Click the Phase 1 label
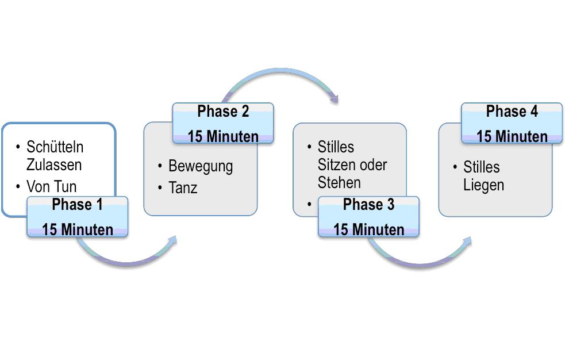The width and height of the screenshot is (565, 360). pos(77,205)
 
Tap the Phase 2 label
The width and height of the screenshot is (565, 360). pos(223,112)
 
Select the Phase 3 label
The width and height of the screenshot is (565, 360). pos(368,205)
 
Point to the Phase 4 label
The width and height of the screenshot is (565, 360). pos(512,112)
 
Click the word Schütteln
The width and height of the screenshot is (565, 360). pos(55,147)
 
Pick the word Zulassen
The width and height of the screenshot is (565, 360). pos(54,164)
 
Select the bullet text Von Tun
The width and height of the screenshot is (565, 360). pos(51,186)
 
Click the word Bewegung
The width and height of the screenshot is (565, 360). pos(200,167)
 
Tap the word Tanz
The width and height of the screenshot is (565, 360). pos(183,187)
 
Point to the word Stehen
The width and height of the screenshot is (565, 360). pos(339,183)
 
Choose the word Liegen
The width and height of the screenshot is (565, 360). pos(483,185)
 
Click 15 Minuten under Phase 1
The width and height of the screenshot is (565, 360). pos(78,229)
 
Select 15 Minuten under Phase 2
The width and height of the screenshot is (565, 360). pos(223,136)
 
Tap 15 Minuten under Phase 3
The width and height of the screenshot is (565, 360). pos(368,229)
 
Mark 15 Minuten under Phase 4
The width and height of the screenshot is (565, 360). pos(512,136)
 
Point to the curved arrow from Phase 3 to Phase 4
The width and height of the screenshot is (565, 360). pos(420,262)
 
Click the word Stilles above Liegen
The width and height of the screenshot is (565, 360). pos(481,167)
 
